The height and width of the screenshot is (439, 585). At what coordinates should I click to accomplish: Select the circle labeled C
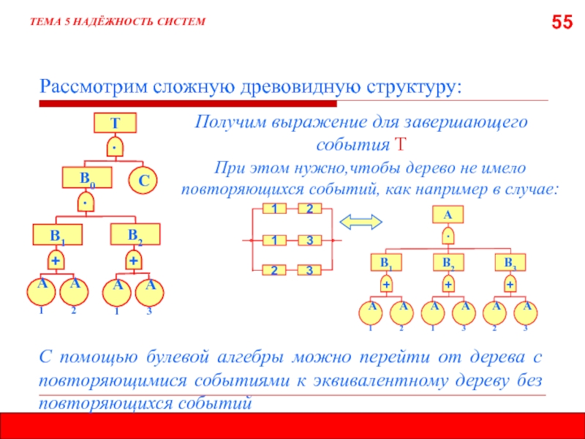[144, 179]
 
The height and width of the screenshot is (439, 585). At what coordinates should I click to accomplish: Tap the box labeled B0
[86, 178]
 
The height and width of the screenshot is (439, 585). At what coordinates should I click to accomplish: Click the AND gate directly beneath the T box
[116, 146]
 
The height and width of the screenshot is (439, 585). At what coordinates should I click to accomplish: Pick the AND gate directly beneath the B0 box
[86, 200]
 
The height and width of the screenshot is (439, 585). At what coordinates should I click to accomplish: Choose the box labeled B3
[510, 260]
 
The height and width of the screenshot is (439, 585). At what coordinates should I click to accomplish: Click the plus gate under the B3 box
[510, 283]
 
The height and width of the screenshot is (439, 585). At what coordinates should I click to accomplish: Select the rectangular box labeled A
[448, 214]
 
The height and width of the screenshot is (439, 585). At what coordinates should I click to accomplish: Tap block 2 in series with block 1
[309, 209]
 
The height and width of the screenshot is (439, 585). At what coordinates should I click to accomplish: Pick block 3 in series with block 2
[309, 271]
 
